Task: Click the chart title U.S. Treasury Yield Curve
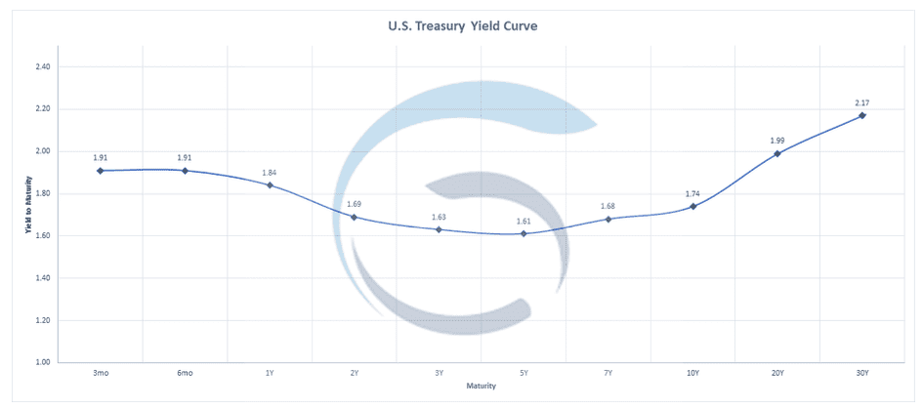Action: click(x=461, y=27)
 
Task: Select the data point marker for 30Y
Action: click(x=861, y=115)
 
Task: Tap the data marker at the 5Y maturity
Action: click(x=524, y=233)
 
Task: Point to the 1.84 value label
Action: click(x=270, y=173)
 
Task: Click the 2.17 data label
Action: click(x=861, y=103)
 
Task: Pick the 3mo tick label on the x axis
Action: click(x=100, y=373)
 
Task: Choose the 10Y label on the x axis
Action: click(x=692, y=373)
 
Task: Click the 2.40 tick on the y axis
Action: click(x=43, y=67)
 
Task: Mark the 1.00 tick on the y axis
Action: click(x=43, y=362)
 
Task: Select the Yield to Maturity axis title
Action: click(x=27, y=205)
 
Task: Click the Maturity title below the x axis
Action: click(x=481, y=386)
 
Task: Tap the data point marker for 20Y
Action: click(x=777, y=153)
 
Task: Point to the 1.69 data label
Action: click(x=354, y=204)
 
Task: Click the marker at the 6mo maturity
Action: click(x=185, y=171)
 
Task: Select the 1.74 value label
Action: click(x=692, y=193)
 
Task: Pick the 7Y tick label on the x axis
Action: click(x=608, y=373)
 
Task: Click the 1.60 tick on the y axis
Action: click(x=43, y=236)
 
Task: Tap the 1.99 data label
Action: click(x=777, y=141)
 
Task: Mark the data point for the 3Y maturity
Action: click(x=439, y=229)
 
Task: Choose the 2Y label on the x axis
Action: click(x=354, y=373)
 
